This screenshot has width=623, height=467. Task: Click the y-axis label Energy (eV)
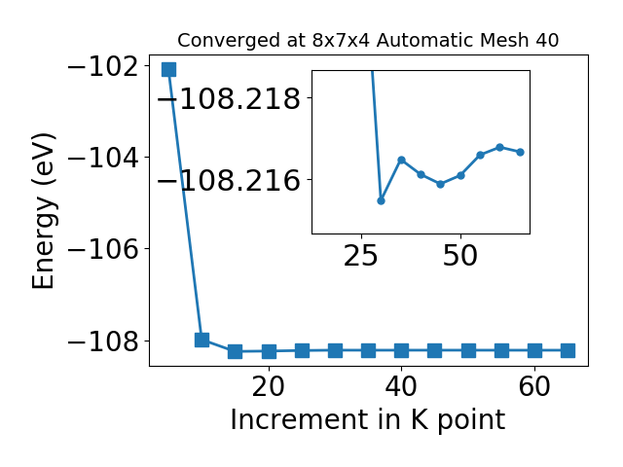pos(43,211)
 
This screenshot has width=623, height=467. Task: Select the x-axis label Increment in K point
pos(368,419)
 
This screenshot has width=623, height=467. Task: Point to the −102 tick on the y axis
pos(103,66)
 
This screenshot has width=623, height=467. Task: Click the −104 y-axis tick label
pos(103,158)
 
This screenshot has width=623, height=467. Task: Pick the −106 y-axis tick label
pos(103,249)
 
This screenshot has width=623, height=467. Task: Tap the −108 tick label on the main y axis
pos(103,341)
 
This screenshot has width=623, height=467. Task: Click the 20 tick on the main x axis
pos(269,386)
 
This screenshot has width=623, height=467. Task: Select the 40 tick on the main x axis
pos(401,386)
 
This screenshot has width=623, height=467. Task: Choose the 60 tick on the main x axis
pos(534,386)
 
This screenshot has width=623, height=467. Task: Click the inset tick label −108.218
pos(229,98)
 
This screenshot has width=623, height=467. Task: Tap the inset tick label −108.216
pos(229,180)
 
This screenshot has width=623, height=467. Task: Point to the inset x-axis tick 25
pos(361,256)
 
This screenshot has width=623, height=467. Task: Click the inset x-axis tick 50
pos(460,256)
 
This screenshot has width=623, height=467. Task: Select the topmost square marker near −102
pos(168,69)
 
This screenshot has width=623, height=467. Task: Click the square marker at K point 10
pos(202,340)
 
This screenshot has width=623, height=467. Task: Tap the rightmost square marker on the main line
pos(568,350)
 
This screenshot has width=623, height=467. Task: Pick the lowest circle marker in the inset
pos(381,200)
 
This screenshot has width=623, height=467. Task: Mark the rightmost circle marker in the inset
pos(520,152)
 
